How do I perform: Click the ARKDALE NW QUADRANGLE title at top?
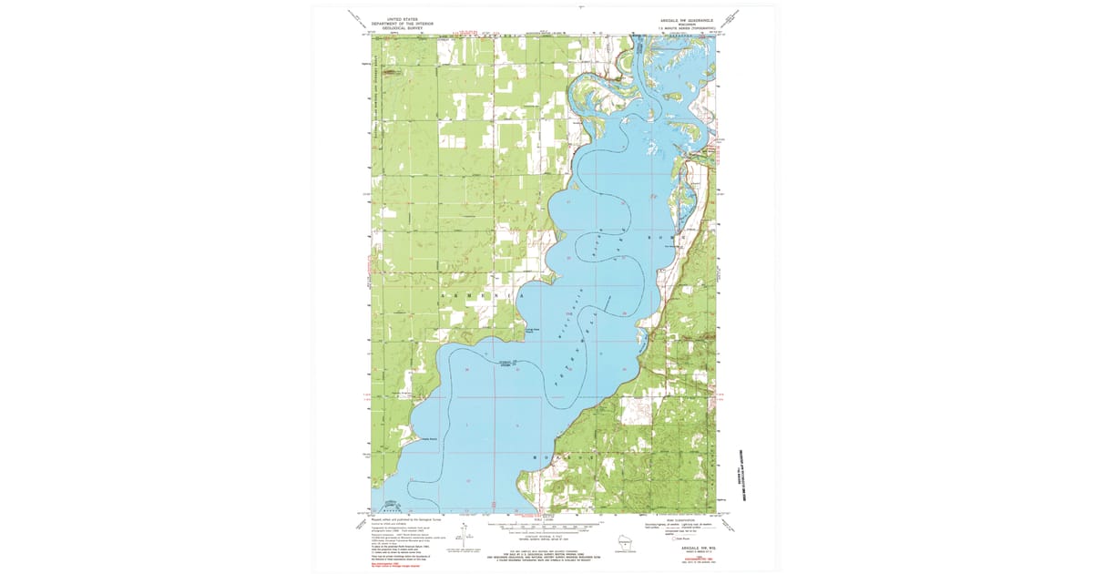click(682, 18)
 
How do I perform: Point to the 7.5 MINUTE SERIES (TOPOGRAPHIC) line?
click(682, 27)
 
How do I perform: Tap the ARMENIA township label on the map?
click(483, 297)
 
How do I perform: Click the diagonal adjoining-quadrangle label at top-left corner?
click(354, 16)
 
